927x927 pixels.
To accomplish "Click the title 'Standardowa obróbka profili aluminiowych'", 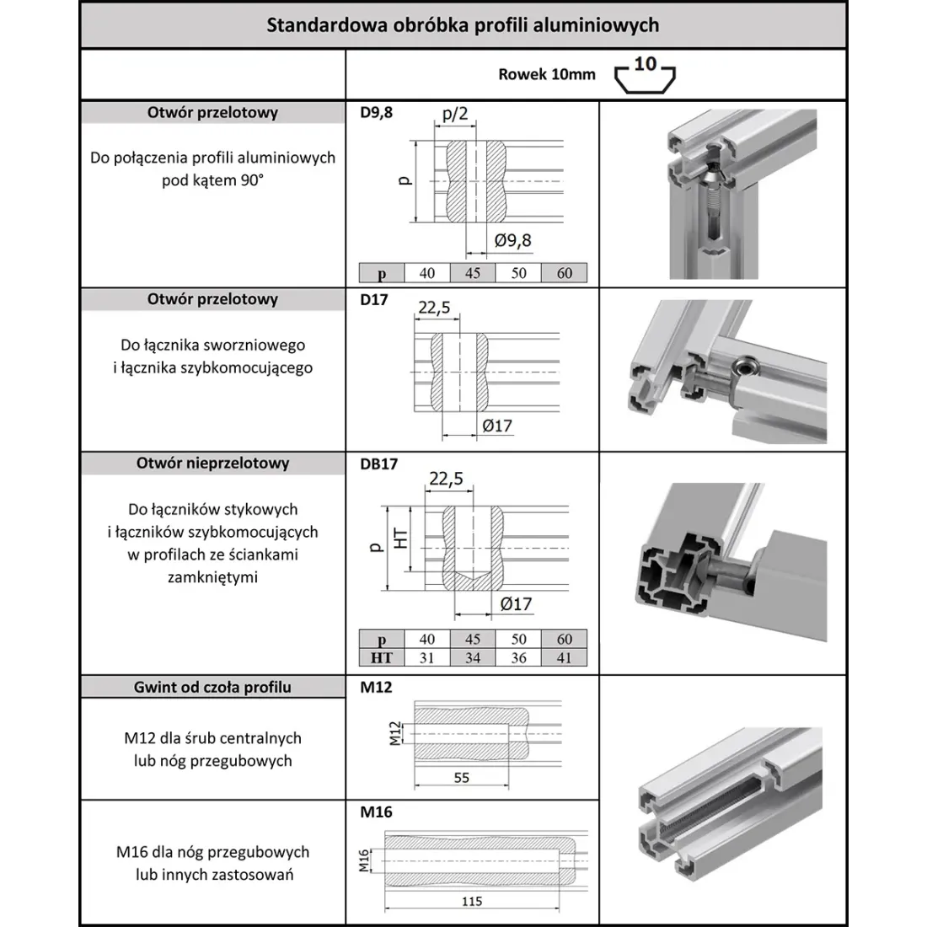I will tap(463, 24).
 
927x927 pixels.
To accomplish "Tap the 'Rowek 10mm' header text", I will tap(546, 74).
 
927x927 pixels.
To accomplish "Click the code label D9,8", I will tap(376, 112).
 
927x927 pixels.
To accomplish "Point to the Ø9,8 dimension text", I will tap(513, 240).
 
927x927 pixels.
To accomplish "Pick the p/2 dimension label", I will tap(455, 113).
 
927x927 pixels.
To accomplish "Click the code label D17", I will tap(373, 299).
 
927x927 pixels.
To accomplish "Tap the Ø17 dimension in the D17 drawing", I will tap(497, 426).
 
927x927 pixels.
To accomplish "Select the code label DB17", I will tap(378, 463).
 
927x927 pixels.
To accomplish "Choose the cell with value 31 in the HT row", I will tap(427, 657).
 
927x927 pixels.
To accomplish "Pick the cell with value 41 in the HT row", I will tap(564, 657).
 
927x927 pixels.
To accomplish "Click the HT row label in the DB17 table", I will tap(382, 657).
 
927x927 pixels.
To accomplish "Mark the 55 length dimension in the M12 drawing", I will tap(462, 778).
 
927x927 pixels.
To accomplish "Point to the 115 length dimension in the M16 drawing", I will tap(473, 901).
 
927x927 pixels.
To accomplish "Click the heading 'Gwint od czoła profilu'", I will tap(212, 687).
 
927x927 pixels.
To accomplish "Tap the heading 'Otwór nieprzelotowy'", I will tap(212, 463).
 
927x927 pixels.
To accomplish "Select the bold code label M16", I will tap(376, 812).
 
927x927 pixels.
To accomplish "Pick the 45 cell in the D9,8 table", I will tap(473, 273).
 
